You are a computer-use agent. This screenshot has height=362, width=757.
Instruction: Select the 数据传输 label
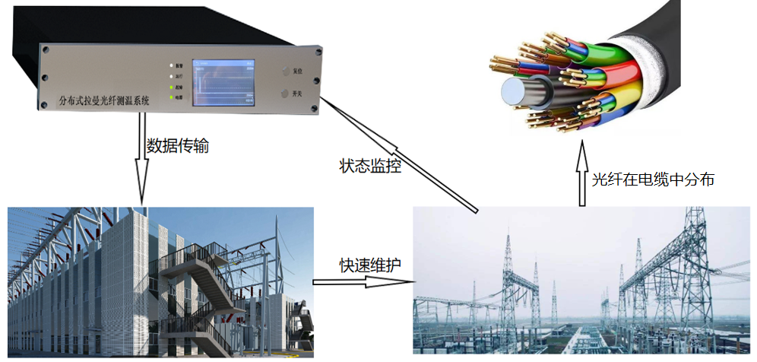coord(177,145)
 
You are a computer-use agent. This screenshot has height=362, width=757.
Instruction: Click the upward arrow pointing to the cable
coord(581,176)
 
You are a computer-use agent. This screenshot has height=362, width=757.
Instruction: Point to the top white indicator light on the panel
coord(171,65)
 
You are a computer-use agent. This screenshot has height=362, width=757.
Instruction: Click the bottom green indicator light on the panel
coord(171,98)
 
